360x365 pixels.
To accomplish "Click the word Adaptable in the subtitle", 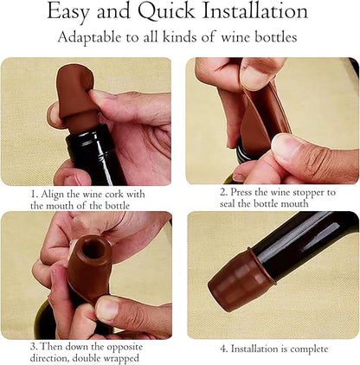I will (91, 38).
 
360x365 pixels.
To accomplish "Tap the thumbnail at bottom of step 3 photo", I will (108, 309).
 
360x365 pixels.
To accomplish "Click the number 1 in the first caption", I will (33, 195).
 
